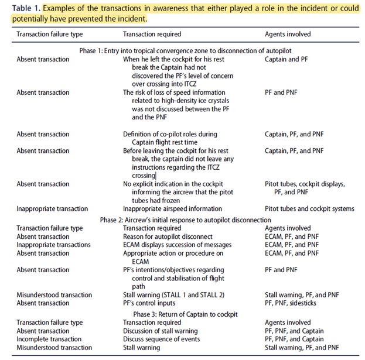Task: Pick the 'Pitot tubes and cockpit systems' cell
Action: (x=309, y=209)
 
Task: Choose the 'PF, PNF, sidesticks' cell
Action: (x=295, y=303)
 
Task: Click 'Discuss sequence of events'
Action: (x=163, y=340)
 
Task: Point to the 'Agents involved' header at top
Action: (x=288, y=35)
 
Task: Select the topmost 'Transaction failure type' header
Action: (x=50, y=35)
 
